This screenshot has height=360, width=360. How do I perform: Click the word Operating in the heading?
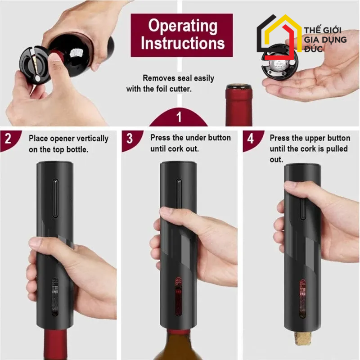[x=182, y=26]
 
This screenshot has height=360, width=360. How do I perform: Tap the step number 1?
[x=179, y=117]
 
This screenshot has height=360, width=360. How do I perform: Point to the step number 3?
[x=129, y=138]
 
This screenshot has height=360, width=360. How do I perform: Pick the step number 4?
[x=250, y=138]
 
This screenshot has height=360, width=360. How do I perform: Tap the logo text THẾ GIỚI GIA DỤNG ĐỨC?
[x=325, y=40]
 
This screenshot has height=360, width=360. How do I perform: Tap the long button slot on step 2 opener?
[x=55, y=198]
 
